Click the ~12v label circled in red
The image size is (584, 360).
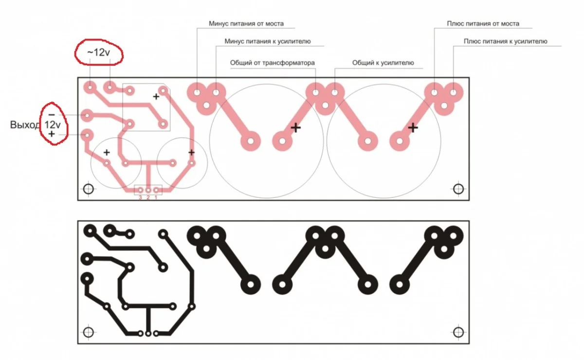coord(98,53)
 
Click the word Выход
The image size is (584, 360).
coord(25,125)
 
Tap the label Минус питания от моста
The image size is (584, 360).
coord(246,24)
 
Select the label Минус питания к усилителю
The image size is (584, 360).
coord(268,41)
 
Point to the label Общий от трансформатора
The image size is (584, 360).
coord(272,63)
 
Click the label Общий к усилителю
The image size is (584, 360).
coord(383,63)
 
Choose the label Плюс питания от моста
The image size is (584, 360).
coord(483,24)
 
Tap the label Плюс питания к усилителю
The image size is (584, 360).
coord(505,41)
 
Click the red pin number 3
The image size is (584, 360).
coord(140,198)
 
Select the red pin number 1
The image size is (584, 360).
coord(156,198)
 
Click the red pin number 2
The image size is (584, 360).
coord(148,198)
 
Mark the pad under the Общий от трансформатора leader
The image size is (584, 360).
coord(315,92)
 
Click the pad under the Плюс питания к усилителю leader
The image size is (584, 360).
coord(454,92)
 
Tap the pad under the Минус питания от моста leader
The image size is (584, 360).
coord(197,92)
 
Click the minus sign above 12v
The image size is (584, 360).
coord(52,115)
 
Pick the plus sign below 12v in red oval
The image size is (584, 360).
coord(52,134)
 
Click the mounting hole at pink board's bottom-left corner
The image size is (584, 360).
coord(89,189)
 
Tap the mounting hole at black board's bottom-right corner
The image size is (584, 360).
coord(458,332)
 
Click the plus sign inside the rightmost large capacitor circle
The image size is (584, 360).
coord(413,128)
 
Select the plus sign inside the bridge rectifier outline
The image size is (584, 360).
coord(156,97)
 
